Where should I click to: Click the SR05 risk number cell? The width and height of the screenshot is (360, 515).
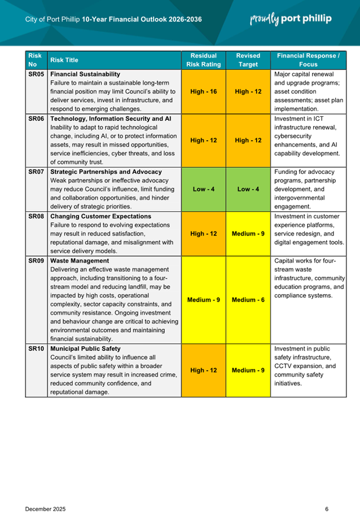click(x=36, y=74)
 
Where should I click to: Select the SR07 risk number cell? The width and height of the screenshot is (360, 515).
click(x=36, y=172)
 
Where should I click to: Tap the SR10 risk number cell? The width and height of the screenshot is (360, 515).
click(x=36, y=349)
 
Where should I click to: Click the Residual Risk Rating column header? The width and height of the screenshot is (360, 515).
click(x=203, y=60)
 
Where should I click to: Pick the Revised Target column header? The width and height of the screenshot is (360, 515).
click(x=248, y=60)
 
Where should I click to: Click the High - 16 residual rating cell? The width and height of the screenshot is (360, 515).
click(x=203, y=91)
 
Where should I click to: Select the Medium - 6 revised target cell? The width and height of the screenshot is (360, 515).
click(x=248, y=299)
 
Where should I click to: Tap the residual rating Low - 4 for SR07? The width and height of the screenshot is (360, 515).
click(x=203, y=189)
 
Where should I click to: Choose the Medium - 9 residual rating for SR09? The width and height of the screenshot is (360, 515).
click(x=203, y=299)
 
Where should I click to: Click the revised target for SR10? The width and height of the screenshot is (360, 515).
click(x=248, y=370)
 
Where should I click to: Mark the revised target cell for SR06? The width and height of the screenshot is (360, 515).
click(x=248, y=140)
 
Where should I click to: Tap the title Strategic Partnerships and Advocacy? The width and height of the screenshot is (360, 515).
click(x=106, y=172)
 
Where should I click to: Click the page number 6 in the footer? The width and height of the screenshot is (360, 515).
click(x=327, y=493)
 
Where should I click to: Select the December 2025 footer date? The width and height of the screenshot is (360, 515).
click(x=45, y=493)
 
